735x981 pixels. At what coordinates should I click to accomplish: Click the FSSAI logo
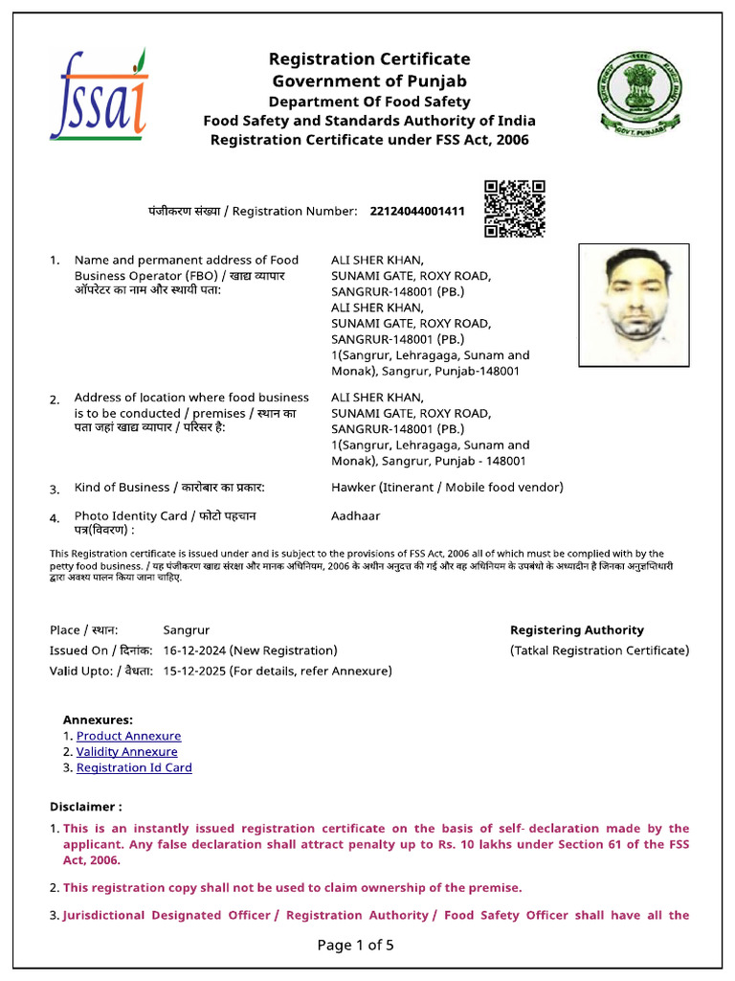99,95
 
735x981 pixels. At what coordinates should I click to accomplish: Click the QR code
514,208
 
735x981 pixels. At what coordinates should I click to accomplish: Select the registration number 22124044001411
416,211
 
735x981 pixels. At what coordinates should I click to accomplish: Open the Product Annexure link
128,736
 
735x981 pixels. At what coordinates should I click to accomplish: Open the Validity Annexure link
127,752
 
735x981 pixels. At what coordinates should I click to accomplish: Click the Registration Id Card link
134,767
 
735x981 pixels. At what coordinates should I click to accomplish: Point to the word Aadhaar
355,515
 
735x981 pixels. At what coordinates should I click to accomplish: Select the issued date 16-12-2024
195,650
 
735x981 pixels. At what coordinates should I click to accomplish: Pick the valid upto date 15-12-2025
195,671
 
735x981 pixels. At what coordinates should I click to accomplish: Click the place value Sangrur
186,630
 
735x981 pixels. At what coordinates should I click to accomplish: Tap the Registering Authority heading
576,630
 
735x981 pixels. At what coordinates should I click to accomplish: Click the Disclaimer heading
85,807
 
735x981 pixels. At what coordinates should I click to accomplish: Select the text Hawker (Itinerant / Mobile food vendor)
447,487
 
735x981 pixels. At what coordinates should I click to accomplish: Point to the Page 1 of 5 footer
355,946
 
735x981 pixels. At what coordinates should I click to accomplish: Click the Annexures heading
98,719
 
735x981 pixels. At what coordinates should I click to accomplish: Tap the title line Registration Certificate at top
368,59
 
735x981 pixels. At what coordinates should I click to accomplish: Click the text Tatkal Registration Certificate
599,650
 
